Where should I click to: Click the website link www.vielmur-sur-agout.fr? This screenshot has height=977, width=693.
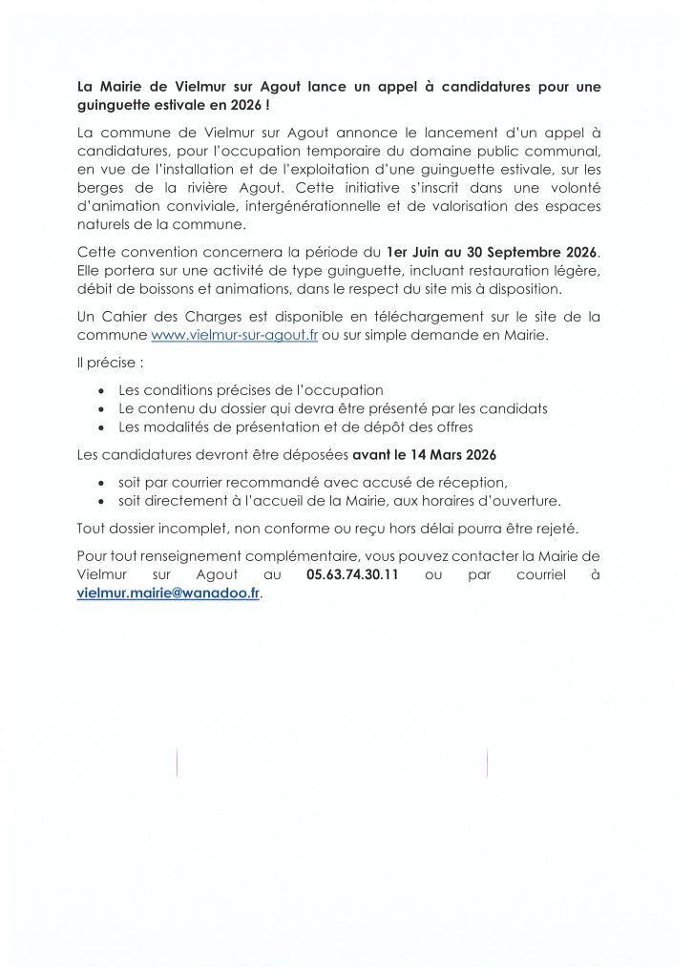coord(228,337)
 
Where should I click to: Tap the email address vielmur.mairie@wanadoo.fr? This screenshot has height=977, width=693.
coord(167,592)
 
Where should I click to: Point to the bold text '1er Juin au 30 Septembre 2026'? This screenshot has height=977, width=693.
coord(491,251)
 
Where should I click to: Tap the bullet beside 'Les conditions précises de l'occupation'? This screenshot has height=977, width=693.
coord(102,391)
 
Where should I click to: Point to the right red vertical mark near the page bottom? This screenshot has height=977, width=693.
coord(487,762)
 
